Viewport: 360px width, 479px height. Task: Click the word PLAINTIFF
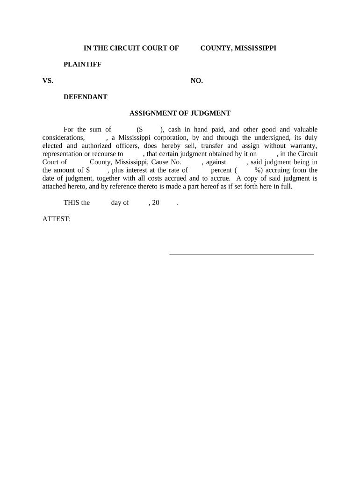[82, 64]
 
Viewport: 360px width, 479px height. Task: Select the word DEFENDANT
[85, 97]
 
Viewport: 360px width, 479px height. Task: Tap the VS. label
[48, 80]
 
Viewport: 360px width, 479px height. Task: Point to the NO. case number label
[196, 80]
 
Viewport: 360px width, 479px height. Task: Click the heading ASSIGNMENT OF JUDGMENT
[180, 113]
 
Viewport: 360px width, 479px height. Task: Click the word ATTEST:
[57, 219]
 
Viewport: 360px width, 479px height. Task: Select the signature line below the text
[241, 254]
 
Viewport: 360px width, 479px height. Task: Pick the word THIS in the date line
[72, 203]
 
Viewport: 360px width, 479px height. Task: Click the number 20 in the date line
[156, 203]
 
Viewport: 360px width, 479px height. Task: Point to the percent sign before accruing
[257, 170]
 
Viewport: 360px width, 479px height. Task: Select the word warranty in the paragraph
[303, 145]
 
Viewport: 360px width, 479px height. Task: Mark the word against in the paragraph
[216, 162]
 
